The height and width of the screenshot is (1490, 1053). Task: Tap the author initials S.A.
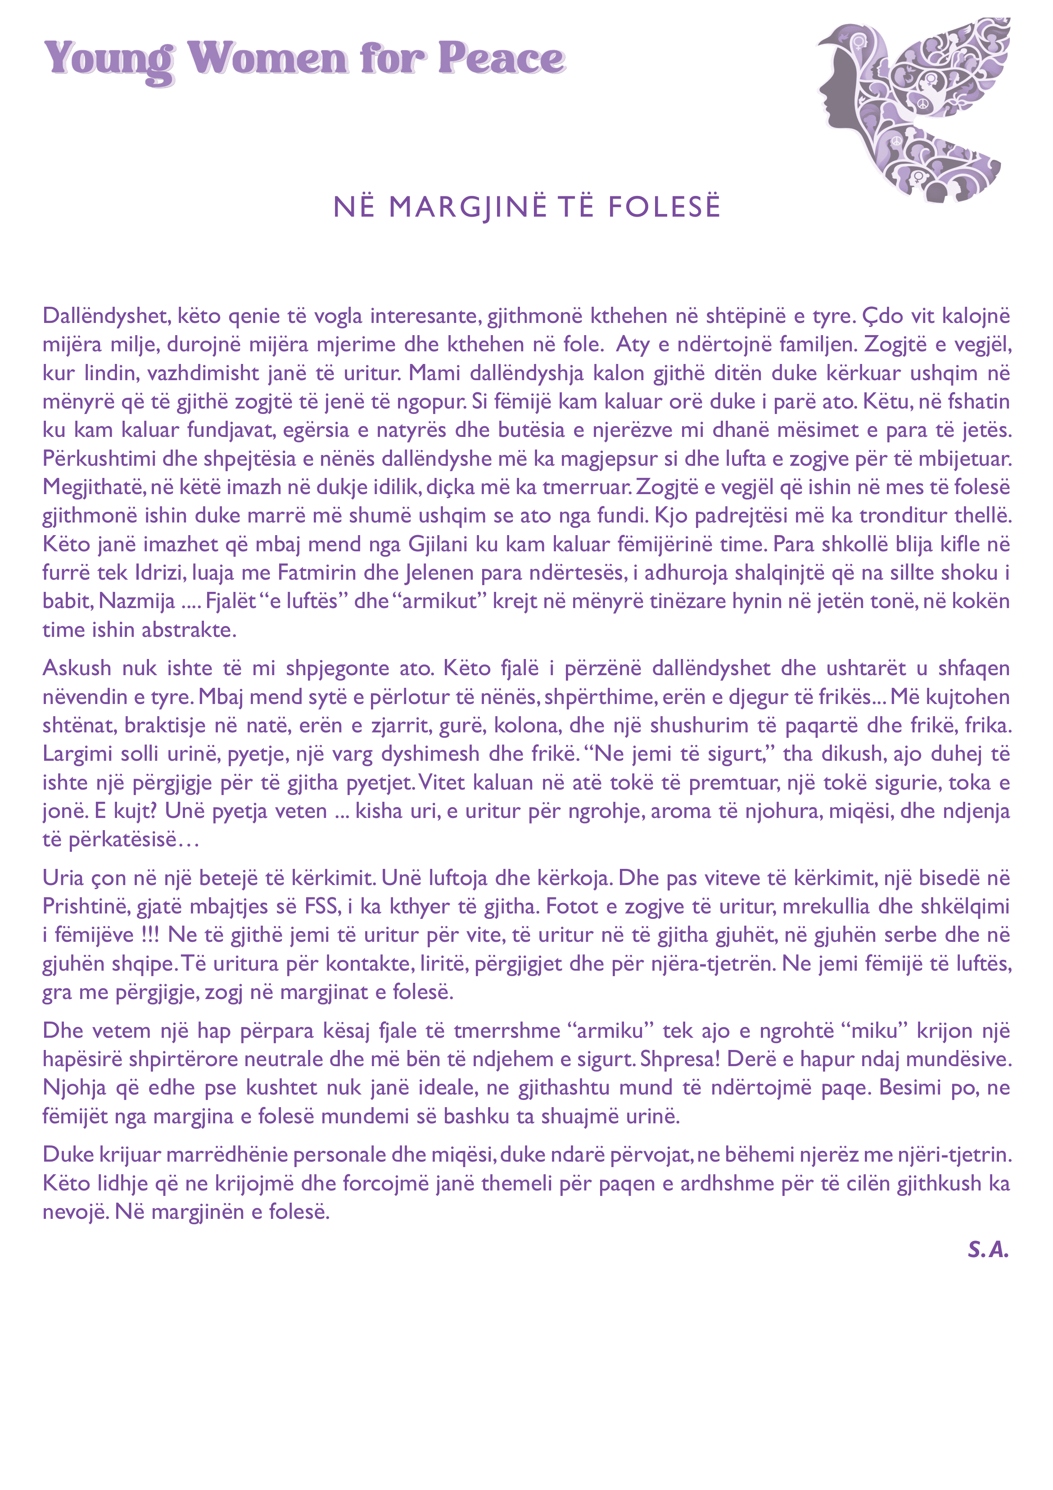[x=988, y=1249]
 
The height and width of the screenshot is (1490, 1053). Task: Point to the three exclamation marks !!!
[x=150, y=935]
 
